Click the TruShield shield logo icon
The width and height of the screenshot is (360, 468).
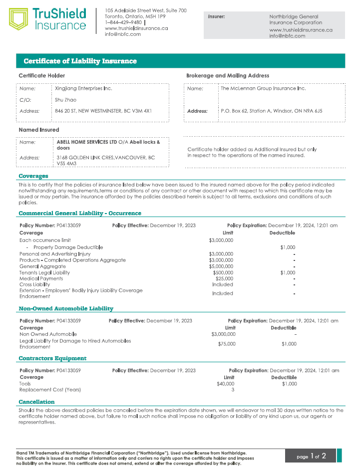[x=18, y=19]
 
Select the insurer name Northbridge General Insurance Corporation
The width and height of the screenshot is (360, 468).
[x=296, y=19]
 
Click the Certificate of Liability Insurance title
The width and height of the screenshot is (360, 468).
[x=80, y=61]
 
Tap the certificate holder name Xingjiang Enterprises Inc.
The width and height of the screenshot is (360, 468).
[x=84, y=88]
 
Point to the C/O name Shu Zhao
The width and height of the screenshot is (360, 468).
[x=66, y=100]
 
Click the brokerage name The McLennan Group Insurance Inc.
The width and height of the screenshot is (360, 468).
[x=263, y=88]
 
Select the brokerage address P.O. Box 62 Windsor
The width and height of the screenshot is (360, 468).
[x=271, y=111]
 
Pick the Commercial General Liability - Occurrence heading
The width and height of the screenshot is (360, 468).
[x=80, y=213]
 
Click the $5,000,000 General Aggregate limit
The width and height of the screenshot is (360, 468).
[x=221, y=266]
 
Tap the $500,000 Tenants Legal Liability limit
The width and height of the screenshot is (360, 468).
[x=223, y=272]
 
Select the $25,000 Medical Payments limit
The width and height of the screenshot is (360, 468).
[x=224, y=278]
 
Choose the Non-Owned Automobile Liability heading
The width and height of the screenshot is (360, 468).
[x=66, y=308]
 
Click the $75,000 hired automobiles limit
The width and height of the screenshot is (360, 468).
[x=227, y=344]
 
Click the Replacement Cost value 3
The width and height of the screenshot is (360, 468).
[x=233, y=390]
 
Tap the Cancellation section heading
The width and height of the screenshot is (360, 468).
[x=36, y=402]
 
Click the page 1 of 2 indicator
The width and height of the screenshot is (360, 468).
[x=311, y=456]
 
